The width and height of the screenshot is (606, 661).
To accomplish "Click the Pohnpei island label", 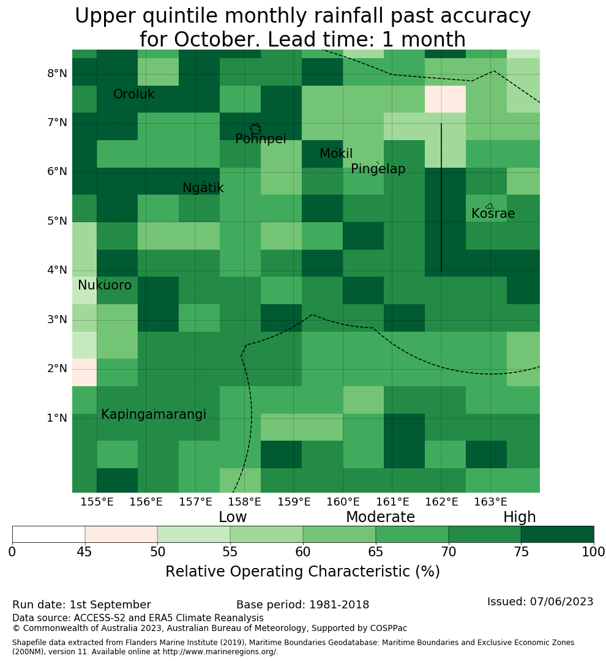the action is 260,139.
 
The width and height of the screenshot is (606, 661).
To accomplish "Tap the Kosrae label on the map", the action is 493,214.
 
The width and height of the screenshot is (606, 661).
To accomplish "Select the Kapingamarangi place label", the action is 154,415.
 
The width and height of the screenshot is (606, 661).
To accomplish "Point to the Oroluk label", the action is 133,94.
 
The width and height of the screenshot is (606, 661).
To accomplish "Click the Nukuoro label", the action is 105,285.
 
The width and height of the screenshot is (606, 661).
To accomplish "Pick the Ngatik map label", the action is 203,188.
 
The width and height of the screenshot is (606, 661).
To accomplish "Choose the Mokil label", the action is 336,154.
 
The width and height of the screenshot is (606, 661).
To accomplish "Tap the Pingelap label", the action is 378,169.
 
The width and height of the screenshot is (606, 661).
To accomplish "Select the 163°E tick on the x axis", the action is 490,502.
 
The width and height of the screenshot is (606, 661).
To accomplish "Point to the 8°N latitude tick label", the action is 57,74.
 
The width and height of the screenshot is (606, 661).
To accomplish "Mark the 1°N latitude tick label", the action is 57,418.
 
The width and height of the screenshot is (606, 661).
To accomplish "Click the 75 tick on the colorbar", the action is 522,551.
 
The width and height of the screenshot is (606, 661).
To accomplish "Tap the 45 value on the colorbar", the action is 84,551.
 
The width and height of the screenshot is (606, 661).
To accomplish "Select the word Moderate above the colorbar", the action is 380,517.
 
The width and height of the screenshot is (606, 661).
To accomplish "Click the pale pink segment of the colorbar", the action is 121,534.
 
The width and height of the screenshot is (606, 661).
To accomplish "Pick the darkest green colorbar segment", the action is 558,534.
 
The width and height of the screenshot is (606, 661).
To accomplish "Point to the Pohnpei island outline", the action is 255,129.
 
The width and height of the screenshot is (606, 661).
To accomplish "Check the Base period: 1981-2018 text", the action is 303,605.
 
